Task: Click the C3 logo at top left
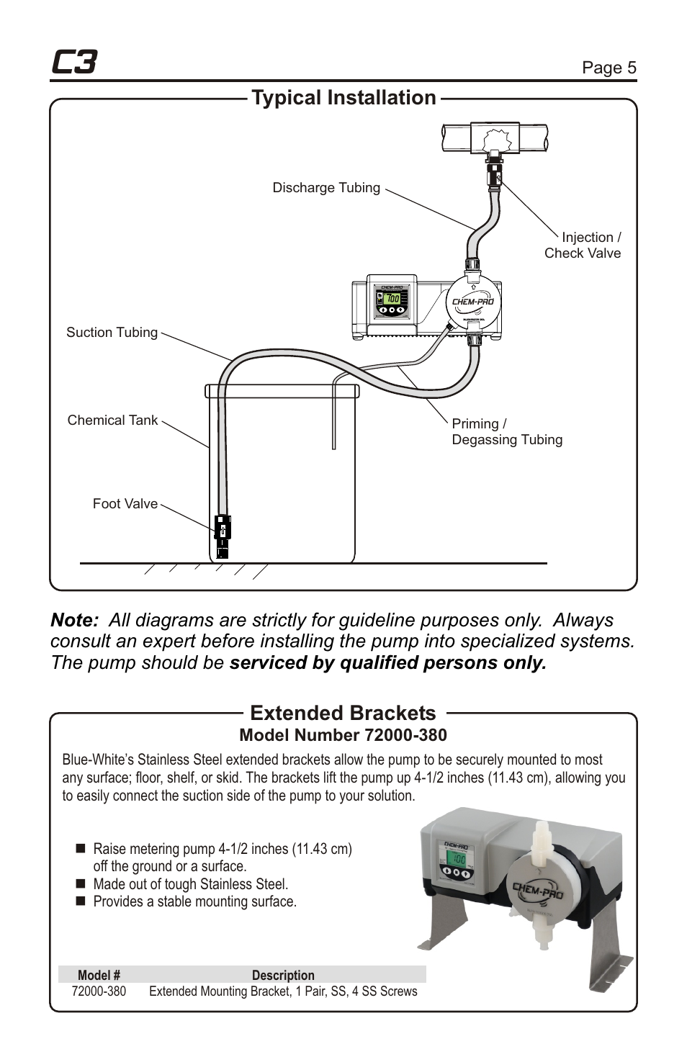pyautogui.click(x=74, y=63)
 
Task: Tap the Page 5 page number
pyautogui.click(x=609, y=68)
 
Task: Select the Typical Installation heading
pyautogui.click(x=343, y=98)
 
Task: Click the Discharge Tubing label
pyautogui.click(x=325, y=188)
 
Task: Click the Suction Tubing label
pyautogui.click(x=112, y=333)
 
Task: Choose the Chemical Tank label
pyautogui.click(x=112, y=420)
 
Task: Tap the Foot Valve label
pyautogui.click(x=125, y=504)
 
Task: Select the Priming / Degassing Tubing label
pyautogui.click(x=506, y=432)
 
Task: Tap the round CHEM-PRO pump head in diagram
pyautogui.click(x=472, y=302)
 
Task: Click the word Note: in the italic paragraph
pyautogui.click(x=74, y=620)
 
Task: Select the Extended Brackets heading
pyautogui.click(x=343, y=713)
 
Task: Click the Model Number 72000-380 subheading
pyautogui.click(x=343, y=735)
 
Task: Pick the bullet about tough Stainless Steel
pyautogui.click(x=190, y=884)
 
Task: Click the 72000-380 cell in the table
pyautogui.click(x=99, y=991)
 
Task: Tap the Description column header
pyautogui.click(x=283, y=976)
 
